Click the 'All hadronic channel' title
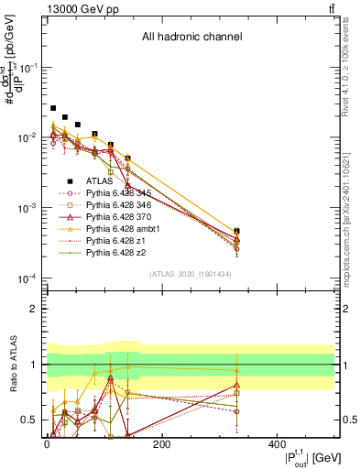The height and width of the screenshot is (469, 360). (x=191, y=38)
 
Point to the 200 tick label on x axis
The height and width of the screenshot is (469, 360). (x=161, y=444)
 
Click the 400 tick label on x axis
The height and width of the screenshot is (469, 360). (x=277, y=444)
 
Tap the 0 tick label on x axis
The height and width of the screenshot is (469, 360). (x=47, y=444)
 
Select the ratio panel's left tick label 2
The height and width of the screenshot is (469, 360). (x=33, y=309)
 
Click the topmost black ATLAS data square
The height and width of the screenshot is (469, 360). (x=53, y=108)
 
